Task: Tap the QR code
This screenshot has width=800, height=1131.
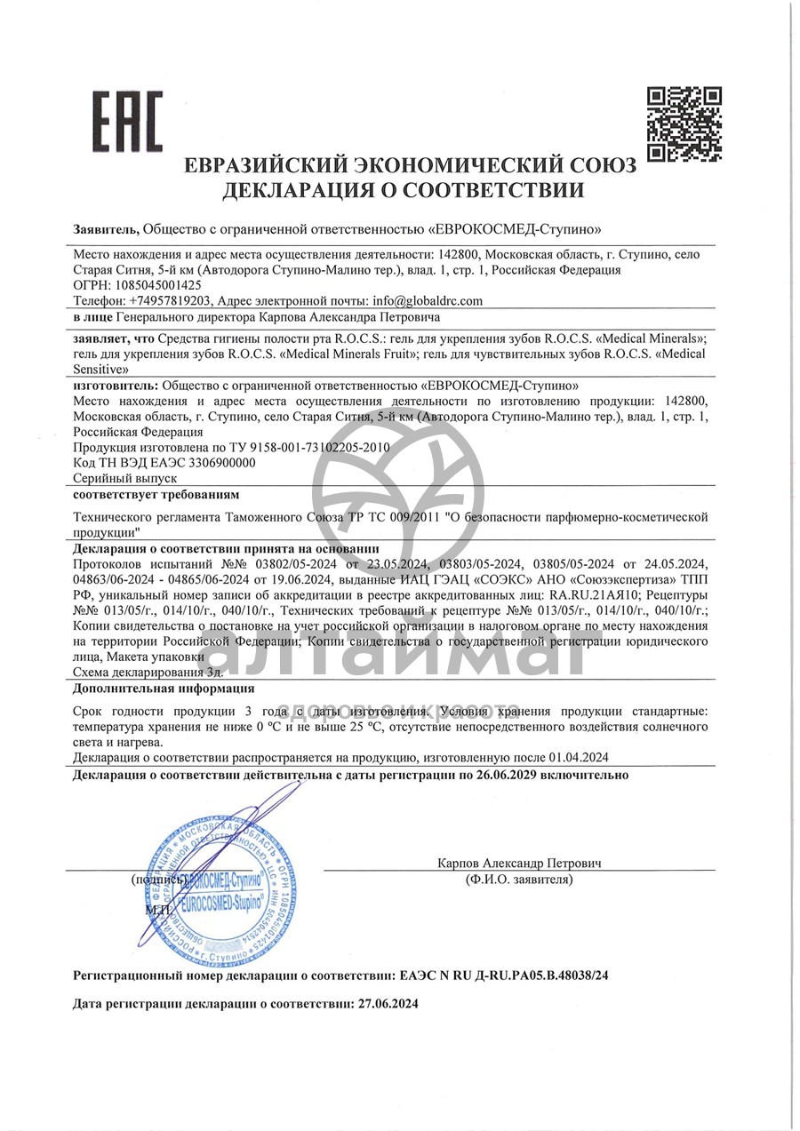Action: pos(684,123)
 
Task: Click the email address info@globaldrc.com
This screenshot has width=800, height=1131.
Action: pos(428,300)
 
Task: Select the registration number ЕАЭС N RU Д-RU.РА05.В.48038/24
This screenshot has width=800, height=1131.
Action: pos(500,975)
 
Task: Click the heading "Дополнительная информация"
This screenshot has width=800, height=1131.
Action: pos(164,688)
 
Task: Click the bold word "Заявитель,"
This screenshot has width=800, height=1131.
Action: pos(106,228)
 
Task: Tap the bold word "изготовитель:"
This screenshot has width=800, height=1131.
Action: pos(115,386)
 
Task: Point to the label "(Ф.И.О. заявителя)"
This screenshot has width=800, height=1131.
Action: pos(519,880)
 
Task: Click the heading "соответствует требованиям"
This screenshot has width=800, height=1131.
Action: pos(156,493)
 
